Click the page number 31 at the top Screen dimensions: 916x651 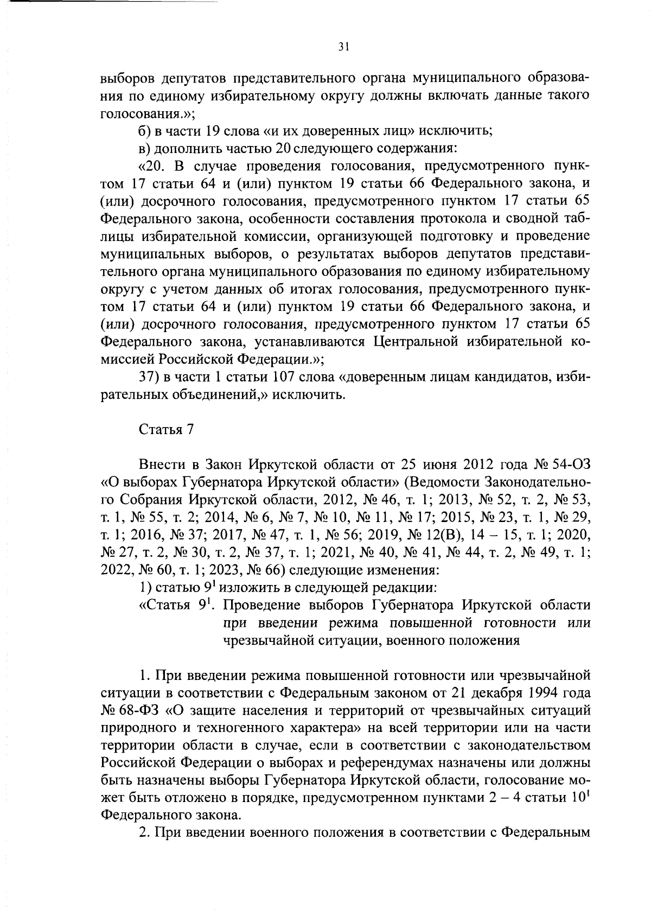[x=343, y=47]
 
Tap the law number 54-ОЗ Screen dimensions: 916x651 [x=566, y=465]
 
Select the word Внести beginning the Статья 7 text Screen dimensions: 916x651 [x=161, y=465]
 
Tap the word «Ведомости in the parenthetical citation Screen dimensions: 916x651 [x=450, y=482]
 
